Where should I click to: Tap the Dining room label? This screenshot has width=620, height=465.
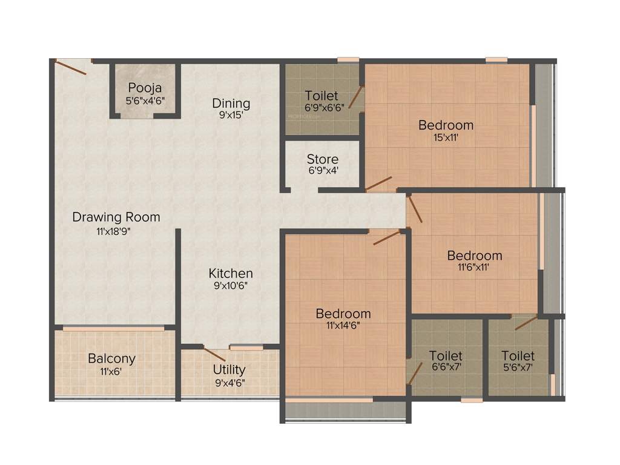pos(231,103)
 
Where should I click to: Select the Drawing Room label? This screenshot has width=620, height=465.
pos(116,217)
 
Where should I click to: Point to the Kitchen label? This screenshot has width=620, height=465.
pos(231,273)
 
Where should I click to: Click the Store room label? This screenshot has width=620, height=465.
pos(323,159)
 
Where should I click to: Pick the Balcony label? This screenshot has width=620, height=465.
pos(111,358)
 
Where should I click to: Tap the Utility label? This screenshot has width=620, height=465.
pos(229,369)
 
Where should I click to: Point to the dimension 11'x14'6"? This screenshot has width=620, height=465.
pos(343,326)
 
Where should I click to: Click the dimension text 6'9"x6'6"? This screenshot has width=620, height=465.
pos(322,108)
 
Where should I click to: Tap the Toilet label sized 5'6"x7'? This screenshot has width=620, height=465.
pos(518,355)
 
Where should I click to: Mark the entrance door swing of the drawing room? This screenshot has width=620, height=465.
pos(71,67)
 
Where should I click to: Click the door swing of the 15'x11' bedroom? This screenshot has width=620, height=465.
pos(379,183)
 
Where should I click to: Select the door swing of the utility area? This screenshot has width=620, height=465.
pos(214,354)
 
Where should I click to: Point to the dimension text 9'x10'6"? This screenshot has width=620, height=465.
pos(231,286)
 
